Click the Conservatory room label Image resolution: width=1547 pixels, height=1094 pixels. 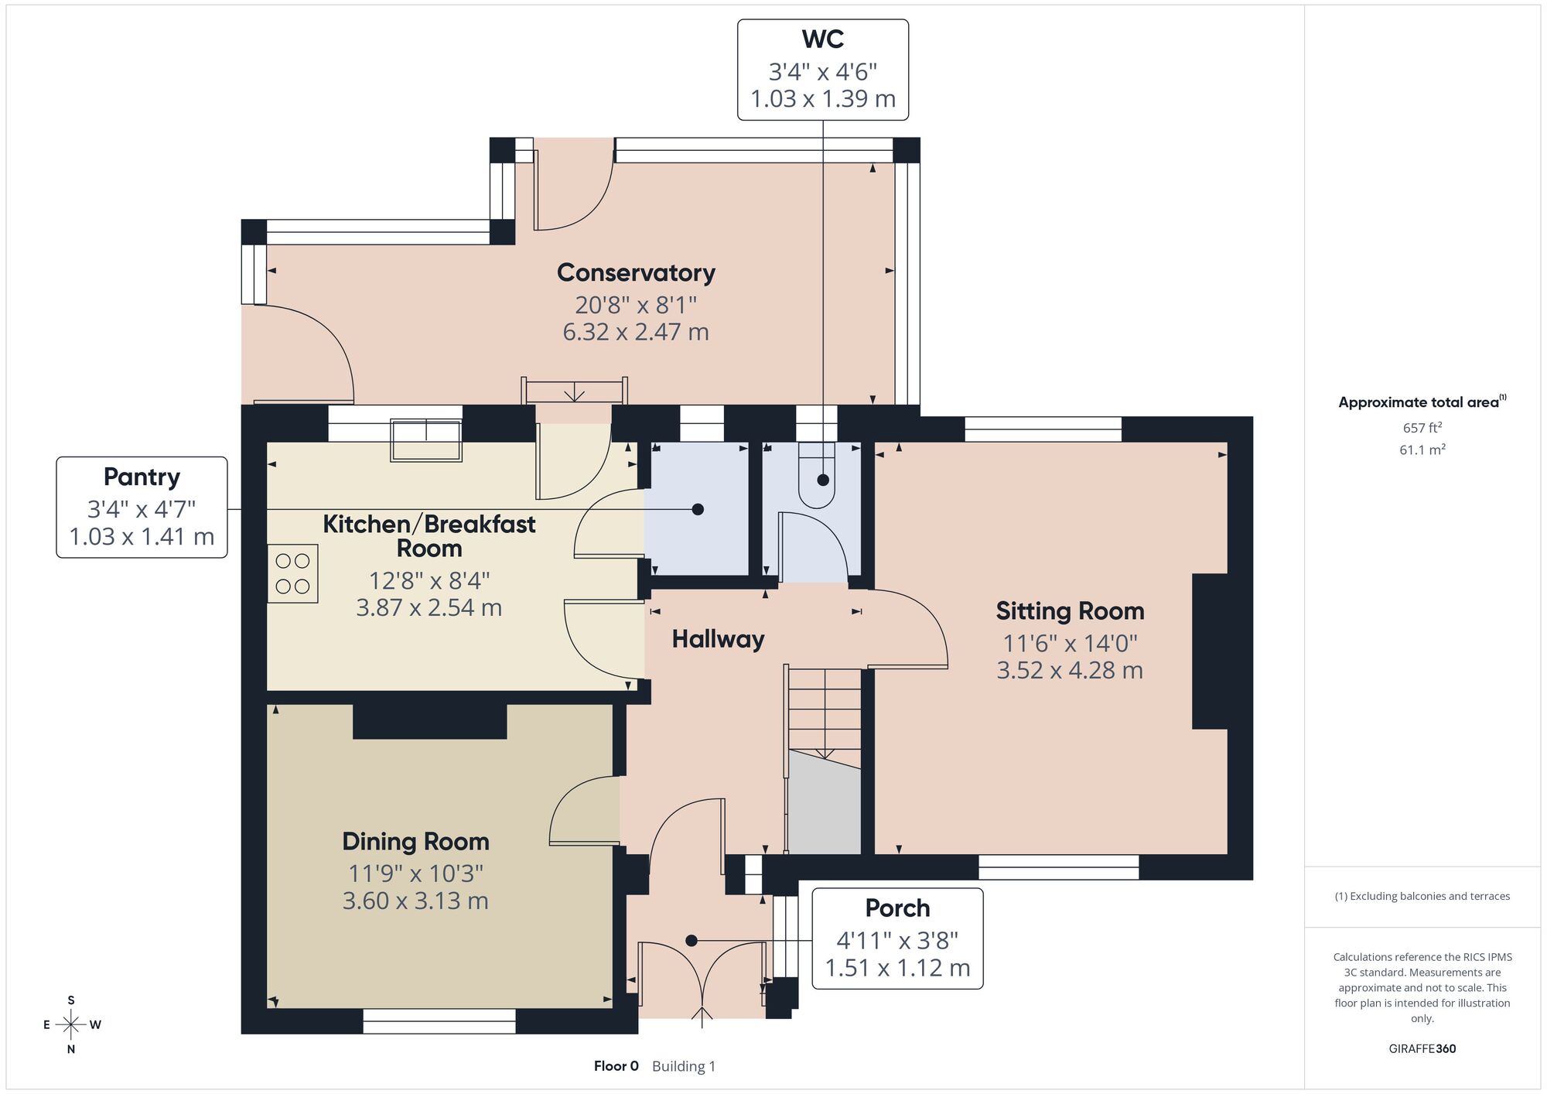click(636, 273)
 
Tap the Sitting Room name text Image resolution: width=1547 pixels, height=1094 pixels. click(1070, 611)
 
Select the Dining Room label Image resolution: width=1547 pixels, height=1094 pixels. click(415, 842)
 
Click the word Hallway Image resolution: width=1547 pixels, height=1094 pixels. click(718, 639)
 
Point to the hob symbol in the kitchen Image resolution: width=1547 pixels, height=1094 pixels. click(292, 573)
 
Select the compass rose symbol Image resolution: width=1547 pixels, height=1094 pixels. click(71, 1025)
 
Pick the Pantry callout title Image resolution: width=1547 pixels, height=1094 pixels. click(142, 477)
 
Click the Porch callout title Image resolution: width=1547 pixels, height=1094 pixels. click(897, 908)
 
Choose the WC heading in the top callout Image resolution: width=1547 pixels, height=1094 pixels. click(822, 39)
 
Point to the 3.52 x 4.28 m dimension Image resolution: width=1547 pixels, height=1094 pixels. click(1070, 670)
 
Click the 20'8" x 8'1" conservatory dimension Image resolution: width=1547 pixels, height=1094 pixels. click(636, 304)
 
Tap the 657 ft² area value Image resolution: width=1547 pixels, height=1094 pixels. click(1422, 427)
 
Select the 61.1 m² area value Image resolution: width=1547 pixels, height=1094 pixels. click(1422, 449)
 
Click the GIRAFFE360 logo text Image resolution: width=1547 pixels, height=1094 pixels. click(1422, 1049)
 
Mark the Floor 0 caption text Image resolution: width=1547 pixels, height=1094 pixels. click(616, 1066)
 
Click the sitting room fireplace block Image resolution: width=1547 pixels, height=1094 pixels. click(1210, 651)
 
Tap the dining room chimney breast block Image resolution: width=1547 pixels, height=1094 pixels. click(430, 721)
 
